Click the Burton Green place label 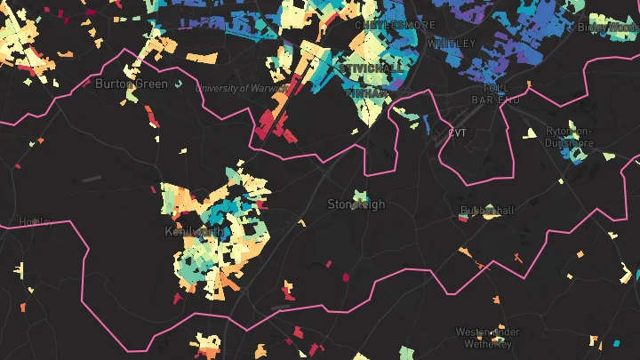click(x=131, y=84)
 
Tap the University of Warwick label click(x=242, y=89)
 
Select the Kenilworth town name click(x=195, y=231)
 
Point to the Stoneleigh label click(x=356, y=204)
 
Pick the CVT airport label click(x=458, y=133)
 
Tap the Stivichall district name click(x=371, y=68)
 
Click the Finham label click(x=366, y=92)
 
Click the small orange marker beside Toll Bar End click(x=528, y=84)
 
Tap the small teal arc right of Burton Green click(x=179, y=84)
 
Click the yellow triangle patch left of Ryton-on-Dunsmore click(x=531, y=133)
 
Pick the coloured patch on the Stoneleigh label click(x=359, y=196)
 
